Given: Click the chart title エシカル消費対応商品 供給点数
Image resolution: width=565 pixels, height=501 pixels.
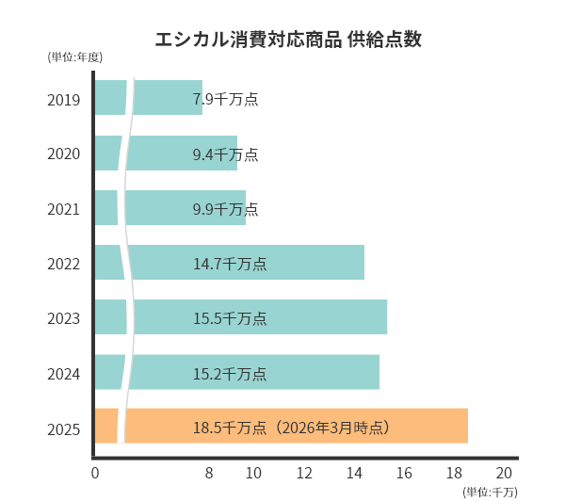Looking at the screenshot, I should coord(288,40).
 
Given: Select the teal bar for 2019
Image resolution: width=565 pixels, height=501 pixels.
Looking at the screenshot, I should coord(165,98).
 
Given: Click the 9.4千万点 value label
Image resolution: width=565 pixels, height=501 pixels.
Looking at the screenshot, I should coord(225,154).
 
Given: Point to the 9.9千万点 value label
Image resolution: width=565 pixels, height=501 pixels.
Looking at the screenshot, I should coord(225,208).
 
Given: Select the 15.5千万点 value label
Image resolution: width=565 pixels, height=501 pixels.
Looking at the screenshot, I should coord(230,318).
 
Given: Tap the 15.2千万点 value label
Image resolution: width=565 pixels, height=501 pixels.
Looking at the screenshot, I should coord(230,374).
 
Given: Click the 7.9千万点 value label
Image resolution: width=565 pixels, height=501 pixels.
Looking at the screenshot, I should coord(225,99).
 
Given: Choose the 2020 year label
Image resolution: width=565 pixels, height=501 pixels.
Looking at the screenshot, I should coord(64,154).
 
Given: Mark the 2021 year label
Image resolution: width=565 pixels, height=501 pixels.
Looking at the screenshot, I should coord(64,209).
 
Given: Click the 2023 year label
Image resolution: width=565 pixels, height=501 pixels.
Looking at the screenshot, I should coord(64,319).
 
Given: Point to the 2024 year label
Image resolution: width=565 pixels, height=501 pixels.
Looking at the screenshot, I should coord(64,375).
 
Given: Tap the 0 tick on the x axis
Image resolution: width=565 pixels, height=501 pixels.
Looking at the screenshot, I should coord(95,473).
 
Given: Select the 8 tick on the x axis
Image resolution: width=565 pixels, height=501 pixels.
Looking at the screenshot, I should coord(209,473).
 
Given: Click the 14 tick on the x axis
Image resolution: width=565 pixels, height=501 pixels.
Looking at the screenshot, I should coord(354,473).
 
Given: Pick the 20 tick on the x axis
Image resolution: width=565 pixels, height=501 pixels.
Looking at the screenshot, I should coord(504,473).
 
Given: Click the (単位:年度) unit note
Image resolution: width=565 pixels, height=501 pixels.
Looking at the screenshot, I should coord(75,57).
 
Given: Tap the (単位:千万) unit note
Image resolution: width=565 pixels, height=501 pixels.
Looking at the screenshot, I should coord(490,492).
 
